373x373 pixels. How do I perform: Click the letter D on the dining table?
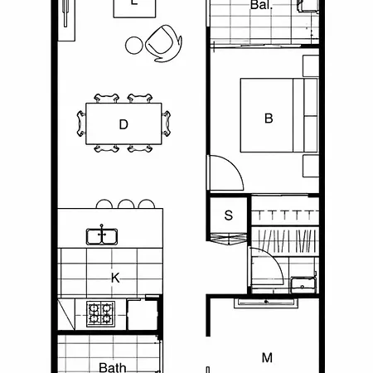pos(124,124)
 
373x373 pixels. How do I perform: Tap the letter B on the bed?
pos(269,119)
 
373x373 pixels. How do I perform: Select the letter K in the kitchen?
pos(115,278)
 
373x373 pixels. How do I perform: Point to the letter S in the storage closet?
pos(229,216)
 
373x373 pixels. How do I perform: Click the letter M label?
pos(267,358)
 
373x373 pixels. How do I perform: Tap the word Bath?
pos(113,368)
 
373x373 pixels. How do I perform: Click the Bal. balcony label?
pos(261,5)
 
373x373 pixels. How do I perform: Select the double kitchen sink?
pos(102,237)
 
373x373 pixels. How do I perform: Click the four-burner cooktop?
pos(100,314)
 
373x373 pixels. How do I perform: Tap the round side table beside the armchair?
pos(134,46)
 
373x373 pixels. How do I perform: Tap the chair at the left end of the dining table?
pos(81,124)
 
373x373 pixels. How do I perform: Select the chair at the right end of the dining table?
pos(166,124)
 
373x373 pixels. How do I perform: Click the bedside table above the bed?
pos(311,66)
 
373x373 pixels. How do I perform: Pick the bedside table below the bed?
pos(311,166)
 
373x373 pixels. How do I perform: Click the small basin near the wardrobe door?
pos(303,284)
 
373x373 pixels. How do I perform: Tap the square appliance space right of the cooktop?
pos(143,315)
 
